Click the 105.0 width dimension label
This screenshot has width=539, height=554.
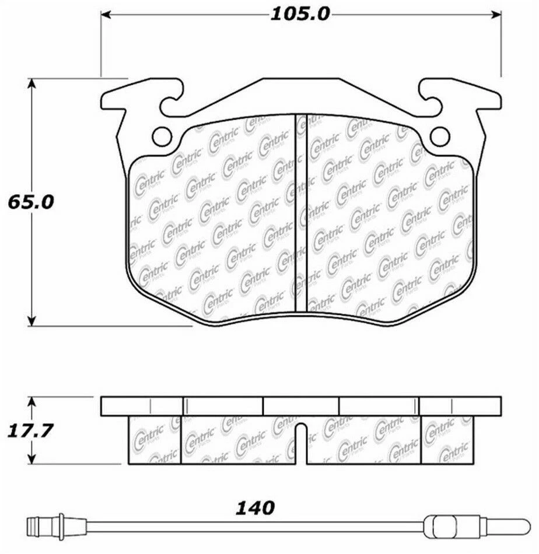[x=299, y=13]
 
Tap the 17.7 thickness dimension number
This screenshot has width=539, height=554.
[x=30, y=432]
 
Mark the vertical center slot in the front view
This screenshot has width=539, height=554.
[x=300, y=213]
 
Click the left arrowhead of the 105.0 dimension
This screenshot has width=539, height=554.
[x=107, y=13]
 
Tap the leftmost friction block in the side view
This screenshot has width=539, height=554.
[x=155, y=440]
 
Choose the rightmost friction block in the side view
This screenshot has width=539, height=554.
[x=446, y=440]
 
